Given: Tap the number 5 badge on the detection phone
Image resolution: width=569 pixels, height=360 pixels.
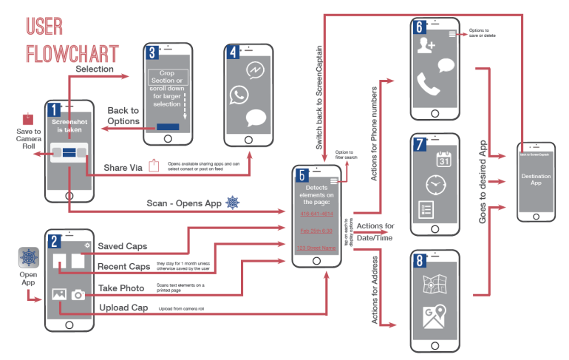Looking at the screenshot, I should tap(302, 176).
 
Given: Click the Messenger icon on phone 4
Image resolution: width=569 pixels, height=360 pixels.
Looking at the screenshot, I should tap(256, 70).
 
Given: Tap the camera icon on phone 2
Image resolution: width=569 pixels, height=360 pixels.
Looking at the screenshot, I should tap(78, 295).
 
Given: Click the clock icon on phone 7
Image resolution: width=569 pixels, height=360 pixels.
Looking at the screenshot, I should tap(435, 184).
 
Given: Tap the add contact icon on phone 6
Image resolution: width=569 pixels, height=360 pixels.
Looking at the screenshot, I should tap(426, 47).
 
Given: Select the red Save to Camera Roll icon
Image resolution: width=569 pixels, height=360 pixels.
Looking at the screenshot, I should tap(28, 118).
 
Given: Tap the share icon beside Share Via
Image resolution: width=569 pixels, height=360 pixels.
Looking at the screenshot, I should tap(154, 166).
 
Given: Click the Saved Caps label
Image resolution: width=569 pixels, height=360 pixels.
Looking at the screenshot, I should tap(123, 245).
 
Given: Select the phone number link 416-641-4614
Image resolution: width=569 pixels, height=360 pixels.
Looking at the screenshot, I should tap(316, 214).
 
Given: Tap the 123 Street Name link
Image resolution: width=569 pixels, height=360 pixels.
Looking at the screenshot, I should tap(316, 248).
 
